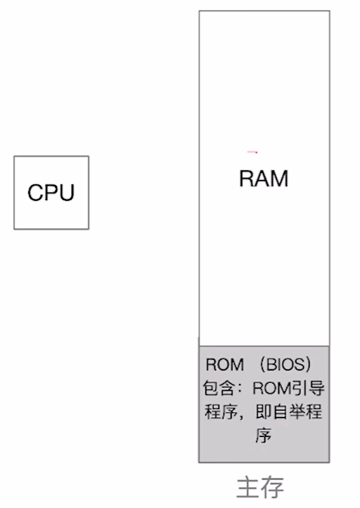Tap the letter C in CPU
tap(35, 193)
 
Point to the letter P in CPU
tap(51, 193)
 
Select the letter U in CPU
tap(67, 193)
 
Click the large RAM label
tap(264, 179)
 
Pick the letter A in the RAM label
tap(263, 179)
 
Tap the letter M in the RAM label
tap(280, 179)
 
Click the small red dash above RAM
tap(252, 151)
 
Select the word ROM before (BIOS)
tap(225, 365)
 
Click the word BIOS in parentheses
tap(286, 365)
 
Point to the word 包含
tap(219, 388)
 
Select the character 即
tap(264, 412)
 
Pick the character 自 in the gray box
tap(281, 412)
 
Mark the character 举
tap(297, 412)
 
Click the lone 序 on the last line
tap(264, 435)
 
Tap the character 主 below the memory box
tap(248, 487)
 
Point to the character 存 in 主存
tap(272, 487)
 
